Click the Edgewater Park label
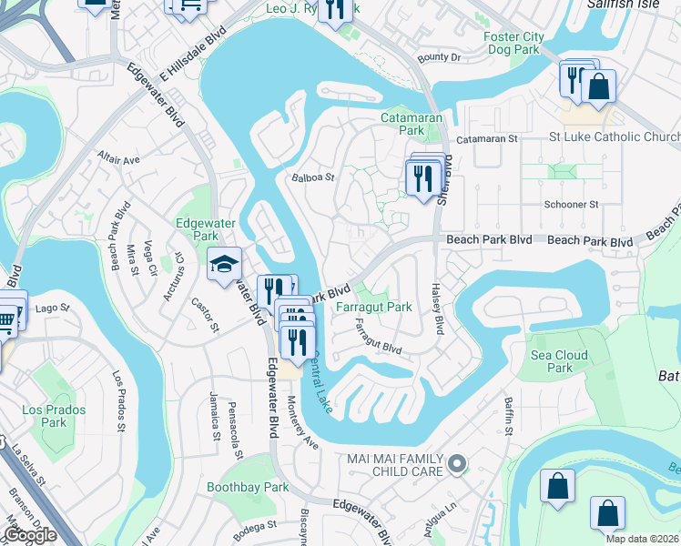coord(198,227)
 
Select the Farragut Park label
coord(374,308)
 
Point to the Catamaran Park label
coord(411,124)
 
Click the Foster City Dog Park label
coord(514,44)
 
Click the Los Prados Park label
coord(54,416)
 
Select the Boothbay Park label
coord(248,488)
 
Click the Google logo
coord(29,535)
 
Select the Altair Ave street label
coord(118,159)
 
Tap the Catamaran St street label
coord(486,139)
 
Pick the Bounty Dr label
coord(440,57)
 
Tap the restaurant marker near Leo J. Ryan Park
coord(338,9)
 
